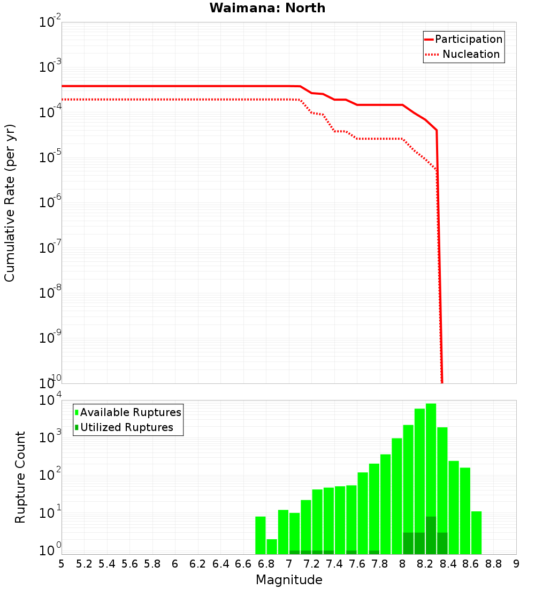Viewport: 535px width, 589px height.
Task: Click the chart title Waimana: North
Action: coord(267,8)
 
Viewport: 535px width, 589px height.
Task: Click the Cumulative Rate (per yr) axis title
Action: coord(10,203)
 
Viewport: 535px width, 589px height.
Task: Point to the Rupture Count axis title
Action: coord(20,477)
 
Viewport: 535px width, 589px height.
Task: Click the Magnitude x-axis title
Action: coord(289,580)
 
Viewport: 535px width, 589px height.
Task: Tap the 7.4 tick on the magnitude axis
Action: coord(334,564)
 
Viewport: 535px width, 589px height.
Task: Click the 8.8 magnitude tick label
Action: coord(493,564)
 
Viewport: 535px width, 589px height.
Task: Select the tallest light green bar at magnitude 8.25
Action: coord(431,460)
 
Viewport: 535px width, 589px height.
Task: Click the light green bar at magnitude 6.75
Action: coord(261,535)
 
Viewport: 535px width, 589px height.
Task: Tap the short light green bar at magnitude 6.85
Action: coord(272,547)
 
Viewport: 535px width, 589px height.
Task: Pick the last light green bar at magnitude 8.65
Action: coord(476,533)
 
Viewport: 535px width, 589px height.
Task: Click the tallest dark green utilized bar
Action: coord(431,535)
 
